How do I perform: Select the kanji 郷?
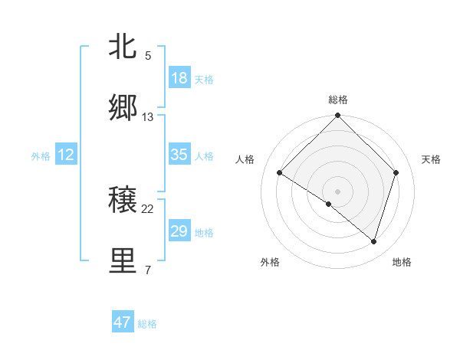tap(123, 108)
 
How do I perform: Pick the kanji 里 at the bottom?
tap(123, 261)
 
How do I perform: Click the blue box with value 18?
tap(179, 78)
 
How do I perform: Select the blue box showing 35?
tap(179, 155)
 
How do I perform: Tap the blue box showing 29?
tap(179, 231)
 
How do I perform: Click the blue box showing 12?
tap(66, 155)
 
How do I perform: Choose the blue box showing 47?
tap(123, 322)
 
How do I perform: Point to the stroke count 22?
tap(148, 209)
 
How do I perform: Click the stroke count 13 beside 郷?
tap(148, 117)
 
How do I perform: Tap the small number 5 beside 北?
tap(148, 56)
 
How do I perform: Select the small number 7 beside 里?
tap(148, 270)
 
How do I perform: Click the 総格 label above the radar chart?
tap(337, 100)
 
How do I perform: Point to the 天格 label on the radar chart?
tap(432, 159)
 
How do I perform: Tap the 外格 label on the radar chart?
tap(270, 262)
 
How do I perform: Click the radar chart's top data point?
tap(337, 116)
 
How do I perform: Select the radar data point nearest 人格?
tap(280, 173)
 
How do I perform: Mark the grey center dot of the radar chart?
tap(337, 191)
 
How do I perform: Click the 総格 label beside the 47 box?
tap(147, 324)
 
